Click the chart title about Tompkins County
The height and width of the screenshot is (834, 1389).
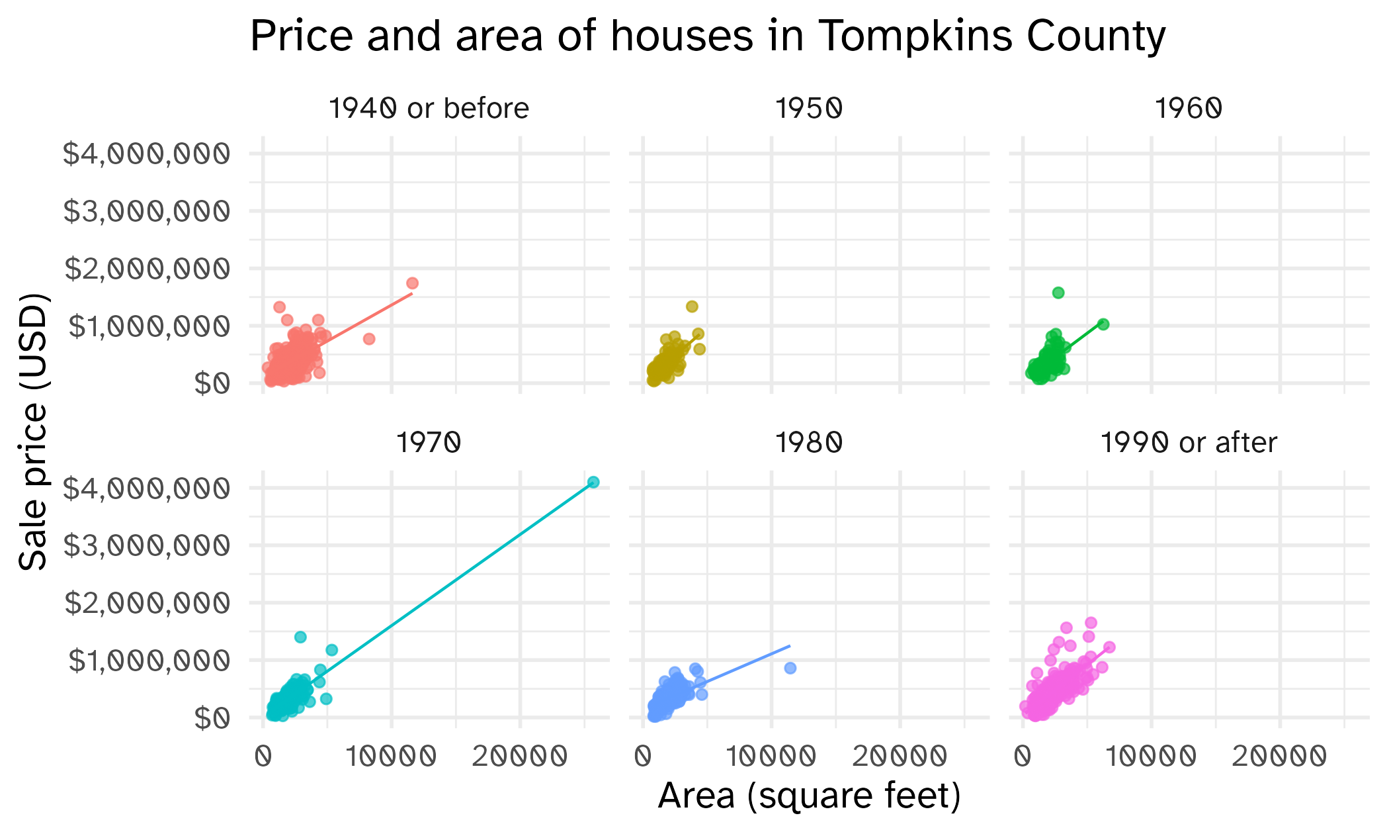[708, 36]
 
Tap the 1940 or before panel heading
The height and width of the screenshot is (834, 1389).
[429, 109]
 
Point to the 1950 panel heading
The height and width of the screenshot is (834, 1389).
[808, 109]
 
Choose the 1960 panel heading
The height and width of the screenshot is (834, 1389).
[1188, 109]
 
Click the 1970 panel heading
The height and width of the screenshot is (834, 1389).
[429, 443]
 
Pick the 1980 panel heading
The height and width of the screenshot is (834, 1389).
[808, 443]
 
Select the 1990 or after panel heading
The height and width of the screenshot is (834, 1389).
[1188, 443]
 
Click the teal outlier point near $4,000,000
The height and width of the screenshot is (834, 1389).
[593, 482]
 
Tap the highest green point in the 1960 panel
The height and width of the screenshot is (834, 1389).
[1058, 293]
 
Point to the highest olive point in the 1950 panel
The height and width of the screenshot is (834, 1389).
[692, 306]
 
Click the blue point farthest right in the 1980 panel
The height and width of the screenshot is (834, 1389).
[790, 668]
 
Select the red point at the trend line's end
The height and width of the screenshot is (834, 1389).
[412, 283]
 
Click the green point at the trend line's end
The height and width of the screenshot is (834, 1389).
[1103, 324]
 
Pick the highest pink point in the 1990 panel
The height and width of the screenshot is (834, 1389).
[1091, 623]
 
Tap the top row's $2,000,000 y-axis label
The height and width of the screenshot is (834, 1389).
[147, 269]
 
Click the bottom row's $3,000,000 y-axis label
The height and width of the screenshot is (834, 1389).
[147, 545]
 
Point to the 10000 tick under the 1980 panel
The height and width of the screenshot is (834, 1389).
[771, 756]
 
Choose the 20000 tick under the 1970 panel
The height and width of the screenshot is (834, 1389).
[520, 756]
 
